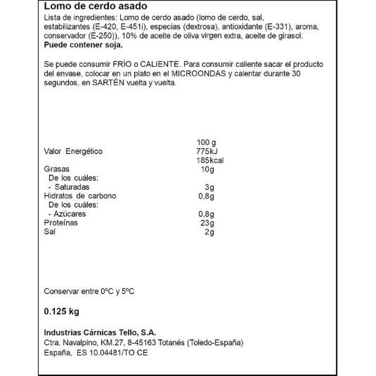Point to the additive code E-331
click(277, 28)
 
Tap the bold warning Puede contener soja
click(83, 45)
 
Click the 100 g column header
click(207, 142)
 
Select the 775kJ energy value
click(206, 151)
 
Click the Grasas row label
click(57, 169)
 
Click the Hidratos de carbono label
click(80, 196)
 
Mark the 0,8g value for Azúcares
click(207, 214)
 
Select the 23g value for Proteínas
click(208, 223)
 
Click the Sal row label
click(50, 232)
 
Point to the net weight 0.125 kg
click(62, 312)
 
